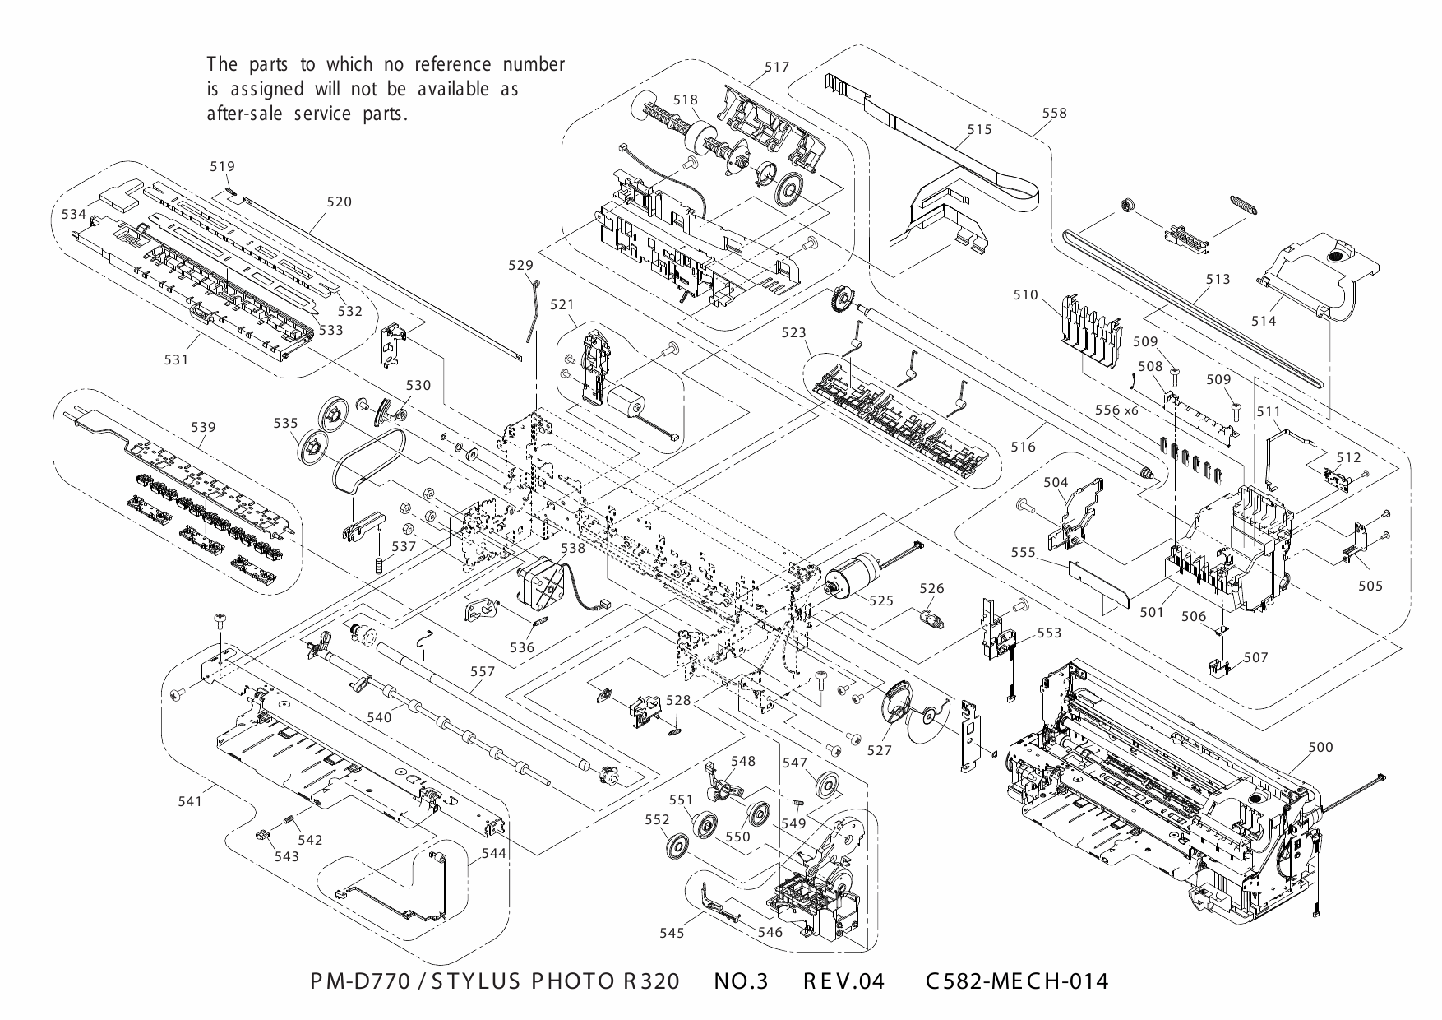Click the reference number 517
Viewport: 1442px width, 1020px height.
[x=776, y=67]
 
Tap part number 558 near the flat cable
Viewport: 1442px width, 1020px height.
[x=1054, y=114]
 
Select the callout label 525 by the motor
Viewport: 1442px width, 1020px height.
[x=880, y=601]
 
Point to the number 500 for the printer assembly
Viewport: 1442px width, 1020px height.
[x=1320, y=747]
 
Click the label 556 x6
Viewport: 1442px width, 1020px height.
[x=1116, y=409]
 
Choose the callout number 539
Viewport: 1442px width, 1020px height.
[x=203, y=427]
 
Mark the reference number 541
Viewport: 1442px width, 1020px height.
[x=190, y=801]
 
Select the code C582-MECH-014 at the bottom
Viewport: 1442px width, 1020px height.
[x=1016, y=981]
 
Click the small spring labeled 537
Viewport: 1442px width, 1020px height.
[x=380, y=566]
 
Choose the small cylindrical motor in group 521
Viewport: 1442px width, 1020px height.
[x=628, y=403]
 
